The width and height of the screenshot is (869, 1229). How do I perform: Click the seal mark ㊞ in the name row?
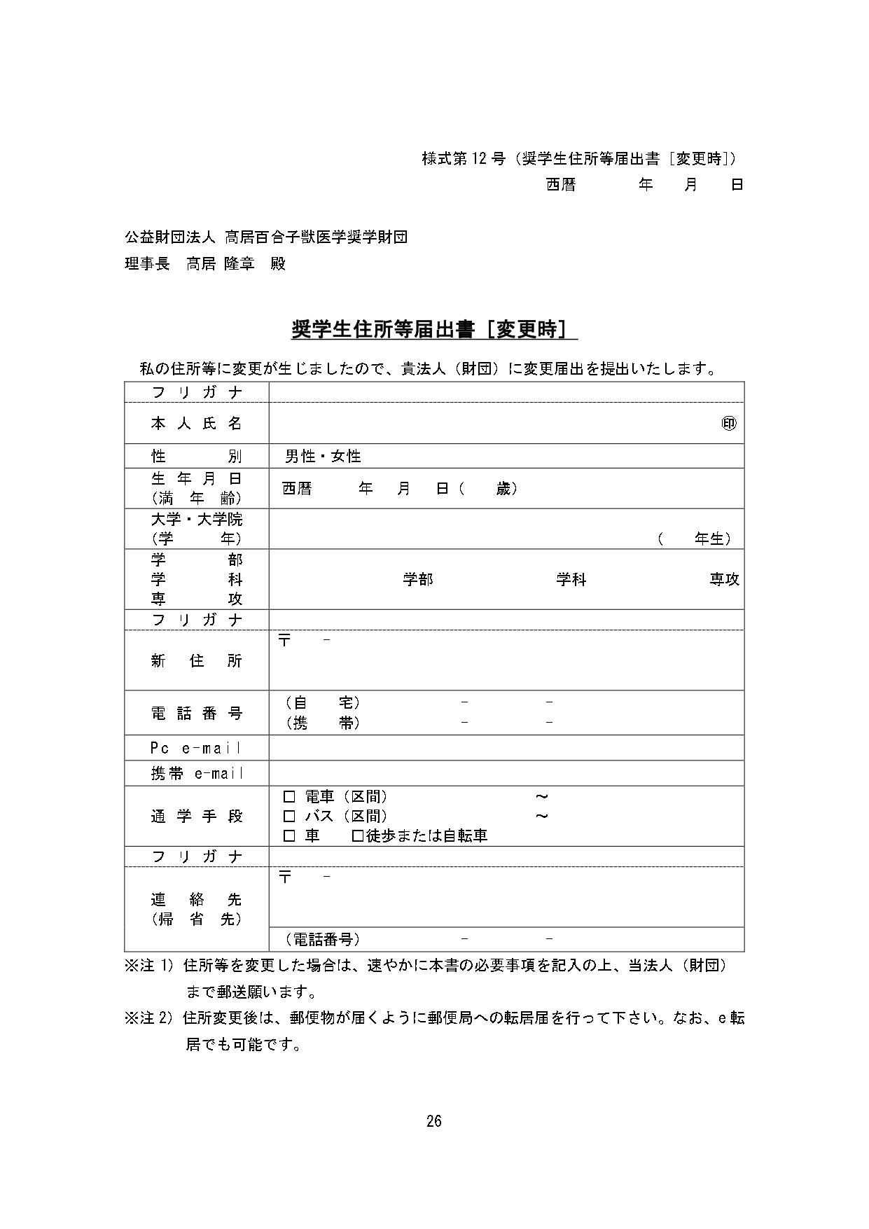[x=729, y=424]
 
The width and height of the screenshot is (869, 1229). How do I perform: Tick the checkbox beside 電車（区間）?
[x=289, y=796]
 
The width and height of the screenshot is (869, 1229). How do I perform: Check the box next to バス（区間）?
[x=289, y=816]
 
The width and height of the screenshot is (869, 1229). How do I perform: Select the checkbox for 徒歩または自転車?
[x=357, y=835]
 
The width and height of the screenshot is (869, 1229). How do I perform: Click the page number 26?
[x=434, y=1121]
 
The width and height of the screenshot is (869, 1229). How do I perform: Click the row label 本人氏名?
[x=196, y=424]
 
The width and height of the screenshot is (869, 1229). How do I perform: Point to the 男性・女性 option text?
[x=323, y=457]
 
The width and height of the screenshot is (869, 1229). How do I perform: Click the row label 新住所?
[x=196, y=660]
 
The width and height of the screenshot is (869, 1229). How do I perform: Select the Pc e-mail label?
[x=196, y=748]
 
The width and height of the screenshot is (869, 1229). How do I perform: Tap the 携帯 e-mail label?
[x=197, y=774]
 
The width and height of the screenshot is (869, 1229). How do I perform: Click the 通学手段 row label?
[x=196, y=816]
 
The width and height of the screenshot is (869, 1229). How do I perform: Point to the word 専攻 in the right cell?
[x=724, y=580]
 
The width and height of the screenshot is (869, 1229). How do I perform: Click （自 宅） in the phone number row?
[x=323, y=702]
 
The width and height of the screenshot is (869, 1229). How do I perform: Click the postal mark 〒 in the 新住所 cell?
[x=284, y=640]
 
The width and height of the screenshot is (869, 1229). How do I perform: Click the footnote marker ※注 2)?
[x=148, y=1018]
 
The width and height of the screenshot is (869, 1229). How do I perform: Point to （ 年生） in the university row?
[x=695, y=539]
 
